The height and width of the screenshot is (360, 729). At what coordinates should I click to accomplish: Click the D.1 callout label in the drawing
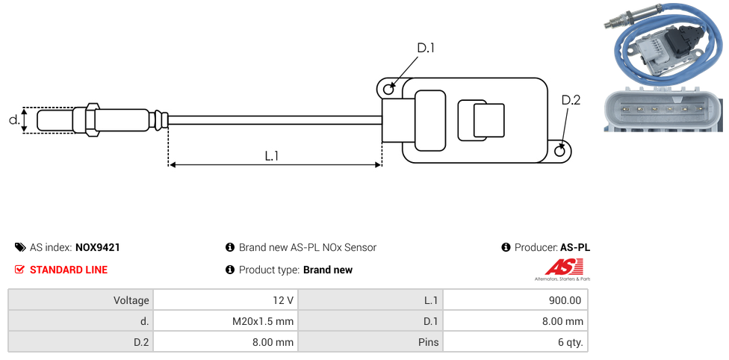click(425, 49)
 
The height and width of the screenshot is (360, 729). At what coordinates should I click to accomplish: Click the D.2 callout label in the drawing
click(570, 100)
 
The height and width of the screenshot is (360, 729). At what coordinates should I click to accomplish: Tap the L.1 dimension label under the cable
click(272, 155)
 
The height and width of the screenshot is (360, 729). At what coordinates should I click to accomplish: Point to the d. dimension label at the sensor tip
click(13, 120)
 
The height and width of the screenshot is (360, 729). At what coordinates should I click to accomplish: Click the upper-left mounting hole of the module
click(388, 90)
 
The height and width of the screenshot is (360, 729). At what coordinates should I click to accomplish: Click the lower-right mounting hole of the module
click(561, 151)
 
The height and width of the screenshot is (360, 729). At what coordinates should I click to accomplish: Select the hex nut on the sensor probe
click(92, 120)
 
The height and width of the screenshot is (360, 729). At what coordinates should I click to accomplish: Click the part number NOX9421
click(98, 247)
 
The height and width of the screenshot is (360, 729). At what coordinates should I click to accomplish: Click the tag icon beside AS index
click(20, 247)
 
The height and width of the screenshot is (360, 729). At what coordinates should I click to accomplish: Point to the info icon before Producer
click(506, 247)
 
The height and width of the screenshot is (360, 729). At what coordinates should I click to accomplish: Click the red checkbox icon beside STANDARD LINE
click(20, 270)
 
